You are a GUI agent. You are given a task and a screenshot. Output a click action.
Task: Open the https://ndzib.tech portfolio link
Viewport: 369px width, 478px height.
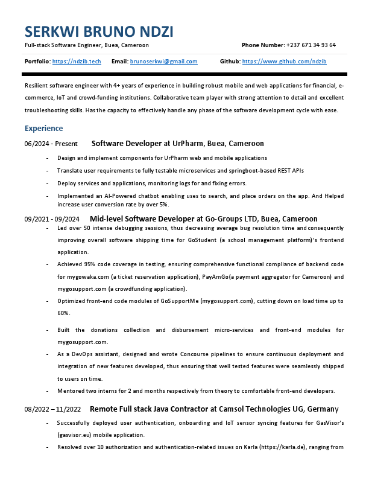[77, 62]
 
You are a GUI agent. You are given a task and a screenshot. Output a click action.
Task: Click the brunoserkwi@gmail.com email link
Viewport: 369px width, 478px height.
[163, 62]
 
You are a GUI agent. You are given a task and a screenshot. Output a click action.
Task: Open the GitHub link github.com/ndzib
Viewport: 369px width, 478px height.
[284, 62]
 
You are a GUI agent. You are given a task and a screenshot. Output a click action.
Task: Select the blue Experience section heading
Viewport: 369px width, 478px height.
[43, 129]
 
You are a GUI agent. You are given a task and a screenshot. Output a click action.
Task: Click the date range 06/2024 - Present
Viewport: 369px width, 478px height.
[51, 144]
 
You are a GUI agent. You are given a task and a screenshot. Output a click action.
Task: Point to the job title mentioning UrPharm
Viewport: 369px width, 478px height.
[177, 144]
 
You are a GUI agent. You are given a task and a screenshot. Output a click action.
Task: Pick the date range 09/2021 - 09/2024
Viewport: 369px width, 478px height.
[52, 219]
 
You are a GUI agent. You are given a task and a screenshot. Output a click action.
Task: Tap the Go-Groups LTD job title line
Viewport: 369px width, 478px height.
[203, 218]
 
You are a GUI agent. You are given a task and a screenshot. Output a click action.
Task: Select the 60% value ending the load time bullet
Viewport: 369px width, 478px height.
[63, 313]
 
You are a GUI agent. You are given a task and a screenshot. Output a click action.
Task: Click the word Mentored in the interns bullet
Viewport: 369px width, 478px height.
[71, 391]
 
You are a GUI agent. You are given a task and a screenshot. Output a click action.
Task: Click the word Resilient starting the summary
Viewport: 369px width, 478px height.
[38, 86]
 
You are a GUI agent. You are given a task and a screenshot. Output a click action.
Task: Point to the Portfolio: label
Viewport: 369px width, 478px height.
[37, 62]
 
